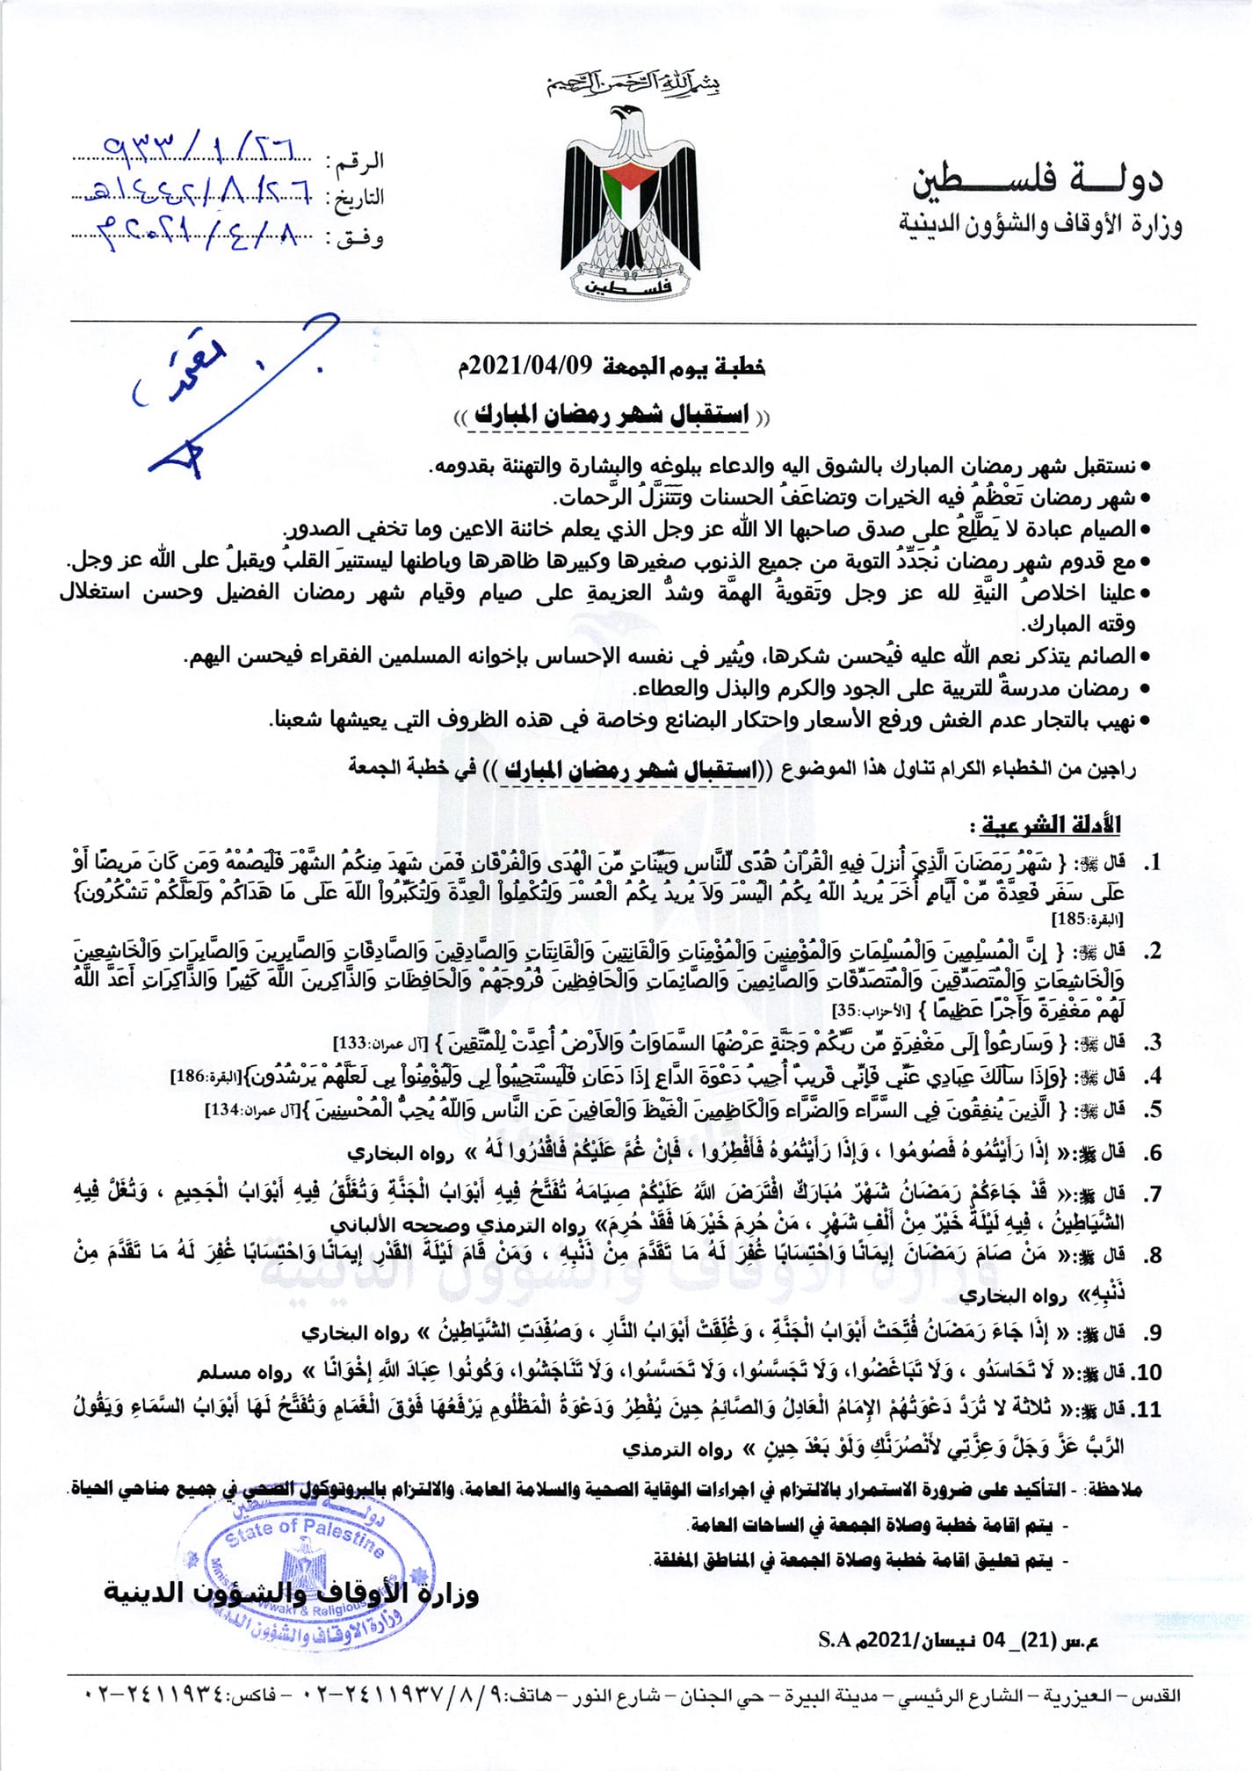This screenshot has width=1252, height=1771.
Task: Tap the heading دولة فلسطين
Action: tap(1037, 180)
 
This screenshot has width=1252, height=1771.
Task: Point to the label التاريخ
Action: tap(358, 197)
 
